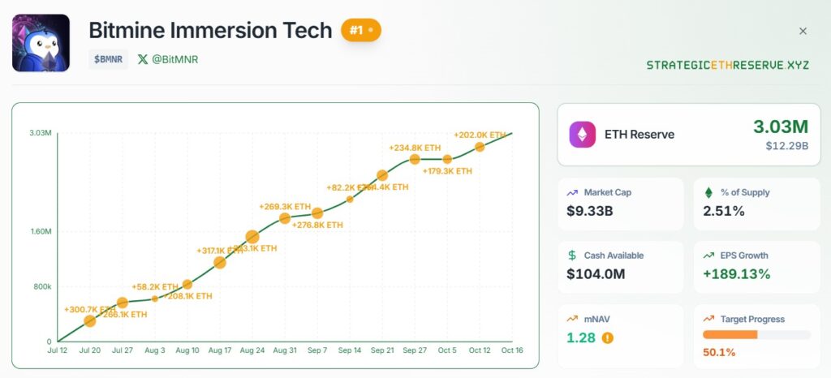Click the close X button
(803, 31)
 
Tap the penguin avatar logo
(41, 43)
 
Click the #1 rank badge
(360, 31)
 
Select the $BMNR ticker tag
(108, 59)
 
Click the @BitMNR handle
(168, 59)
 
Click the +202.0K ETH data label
(480, 135)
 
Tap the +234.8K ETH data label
(415, 148)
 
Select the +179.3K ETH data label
(447, 171)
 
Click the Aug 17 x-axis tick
(220, 350)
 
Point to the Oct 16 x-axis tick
(512, 350)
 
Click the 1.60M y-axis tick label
(40, 232)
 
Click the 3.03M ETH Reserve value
(780, 127)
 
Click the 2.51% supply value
(724, 211)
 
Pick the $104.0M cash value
(596, 273)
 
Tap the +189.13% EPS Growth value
(736, 273)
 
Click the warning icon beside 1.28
(608, 337)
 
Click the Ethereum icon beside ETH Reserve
(582, 134)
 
